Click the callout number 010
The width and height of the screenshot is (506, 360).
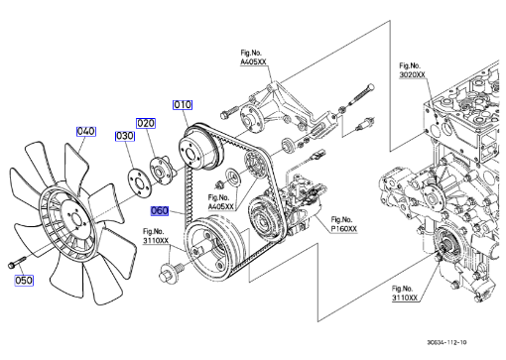183,105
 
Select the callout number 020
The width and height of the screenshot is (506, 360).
146,123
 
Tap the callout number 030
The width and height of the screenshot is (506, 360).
125,136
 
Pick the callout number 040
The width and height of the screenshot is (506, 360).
86,131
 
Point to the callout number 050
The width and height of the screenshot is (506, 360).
24,281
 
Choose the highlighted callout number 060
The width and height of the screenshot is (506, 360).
160,210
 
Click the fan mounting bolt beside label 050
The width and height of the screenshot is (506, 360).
16,262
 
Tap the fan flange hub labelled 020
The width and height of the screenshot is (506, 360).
160,170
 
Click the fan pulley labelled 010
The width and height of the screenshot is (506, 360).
200,148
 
